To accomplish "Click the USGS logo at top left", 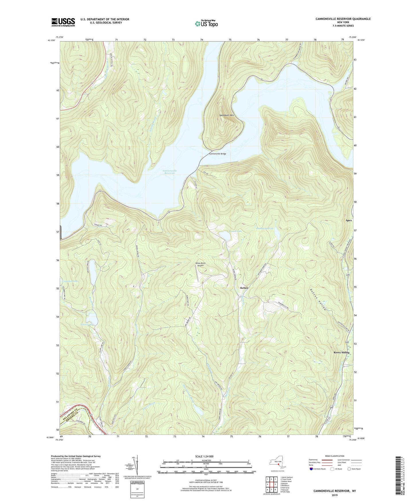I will [63, 22].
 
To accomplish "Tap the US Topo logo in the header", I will [206, 24].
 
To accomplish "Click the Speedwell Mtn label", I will [227, 115].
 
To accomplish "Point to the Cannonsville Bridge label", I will [217, 154].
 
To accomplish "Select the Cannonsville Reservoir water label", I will [169, 172].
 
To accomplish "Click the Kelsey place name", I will [244, 288].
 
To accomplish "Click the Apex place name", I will [348, 220].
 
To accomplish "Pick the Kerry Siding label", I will [341, 352].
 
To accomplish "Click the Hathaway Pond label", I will [265, 228].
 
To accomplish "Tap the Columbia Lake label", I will [69, 281].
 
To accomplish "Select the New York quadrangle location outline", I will [277, 462].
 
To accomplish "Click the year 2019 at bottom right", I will [335, 495].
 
